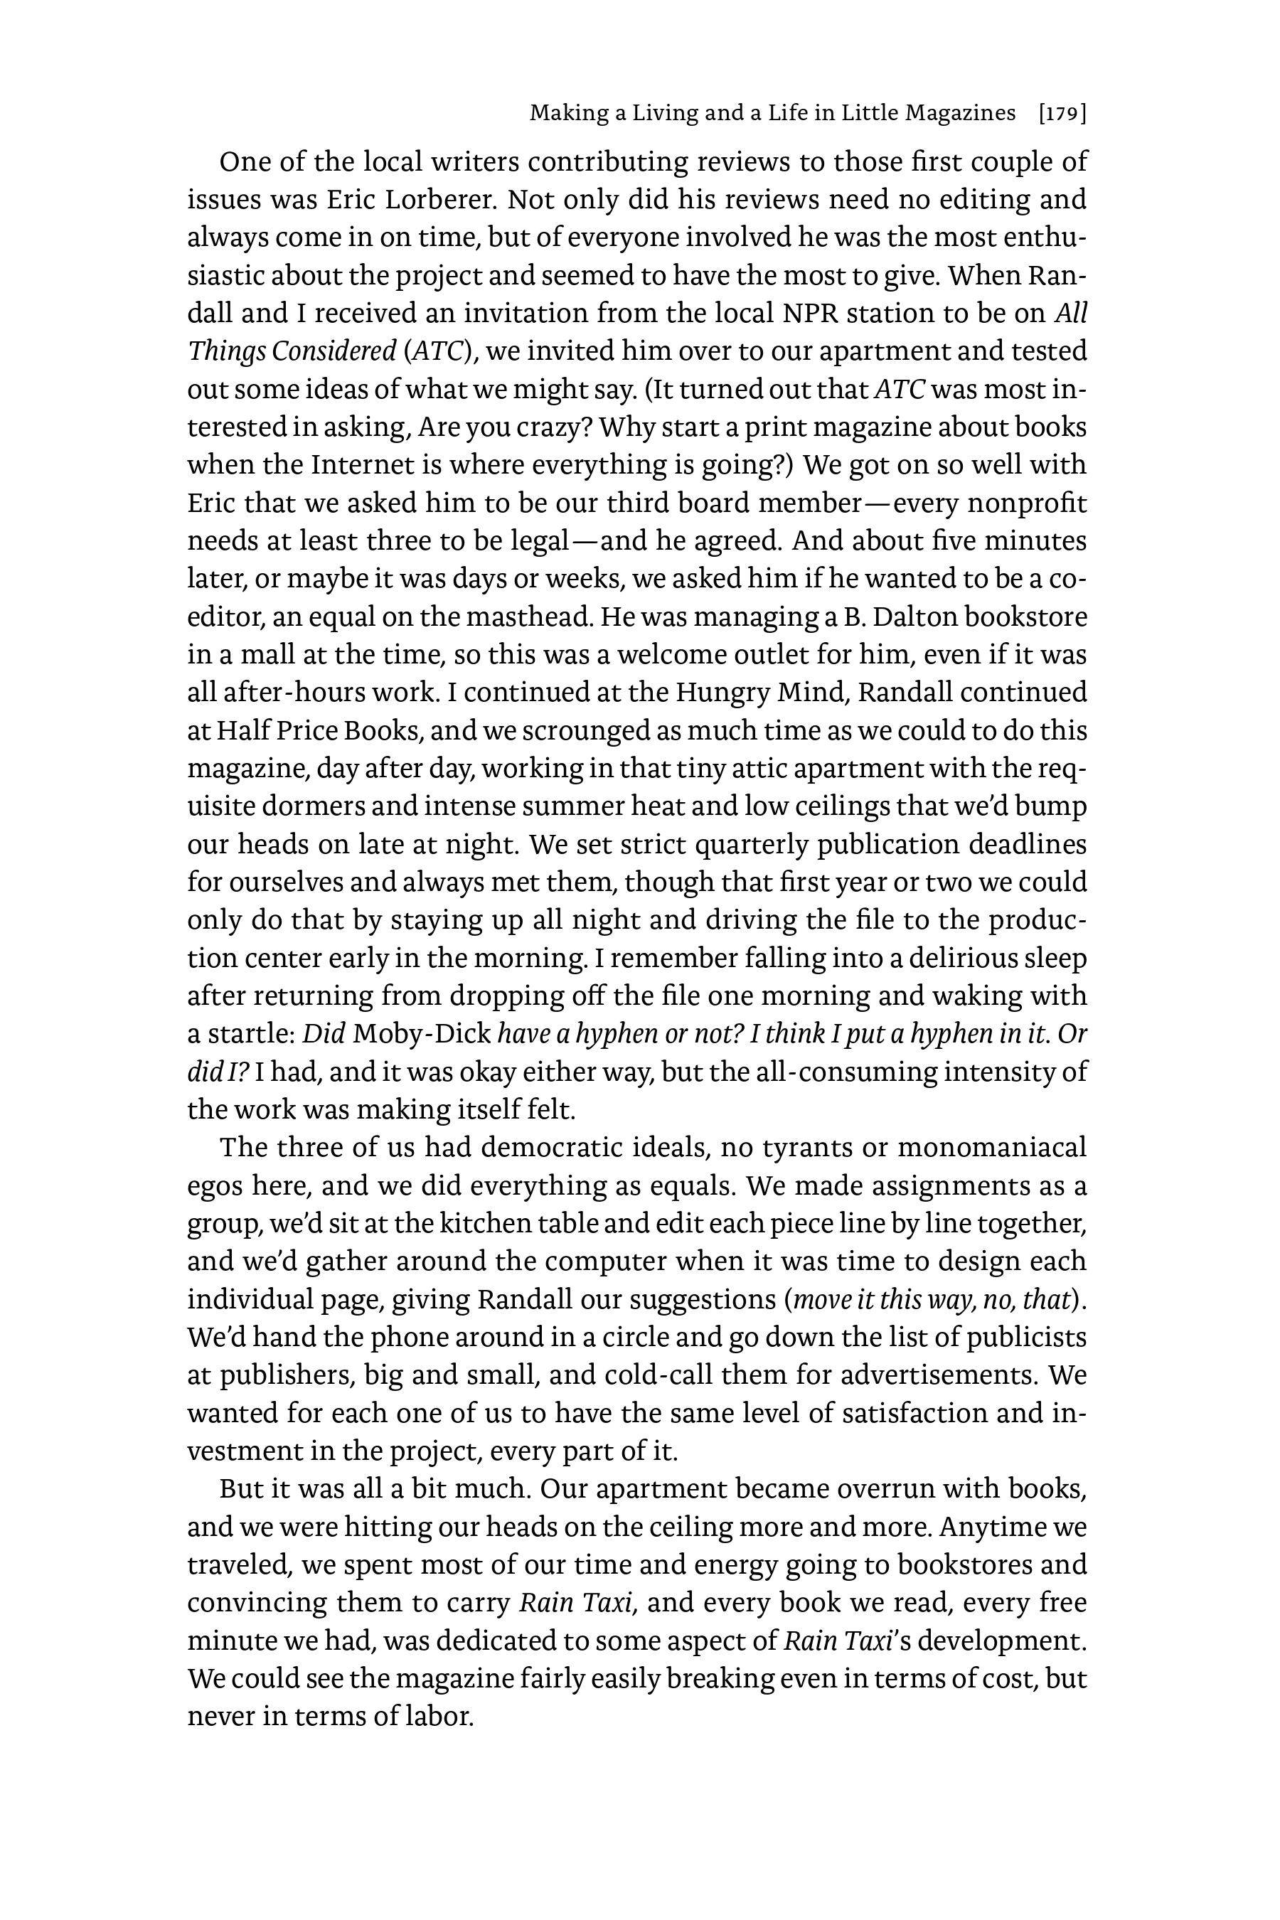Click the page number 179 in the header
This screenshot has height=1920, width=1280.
(x=1062, y=114)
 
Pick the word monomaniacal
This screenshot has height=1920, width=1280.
(x=992, y=1148)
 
